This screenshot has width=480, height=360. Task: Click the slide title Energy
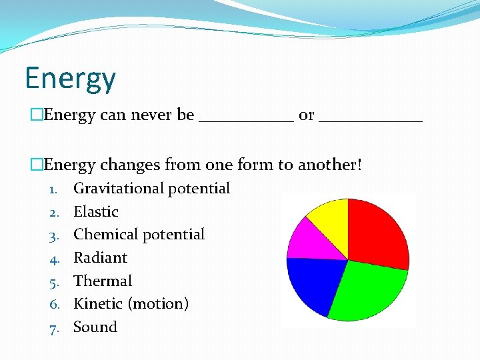(70, 79)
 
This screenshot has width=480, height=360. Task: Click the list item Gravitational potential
(151, 189)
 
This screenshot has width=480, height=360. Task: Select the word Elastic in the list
(96, 212)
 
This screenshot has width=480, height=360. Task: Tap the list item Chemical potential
(139, 235)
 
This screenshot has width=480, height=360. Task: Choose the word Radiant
(100, 257)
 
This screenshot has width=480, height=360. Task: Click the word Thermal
(103, 281)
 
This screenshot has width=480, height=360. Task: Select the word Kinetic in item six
(98, 304)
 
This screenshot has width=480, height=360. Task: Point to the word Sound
(95, 327)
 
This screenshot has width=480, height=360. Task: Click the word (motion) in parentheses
(158, 304)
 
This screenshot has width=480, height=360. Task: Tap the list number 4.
(55, 258)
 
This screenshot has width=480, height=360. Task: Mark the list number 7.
(55, 327)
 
